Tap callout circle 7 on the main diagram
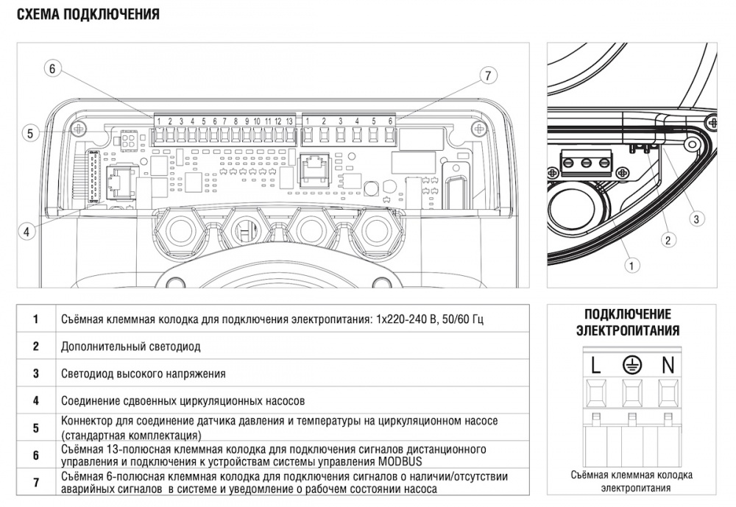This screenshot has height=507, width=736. pyautogui.click(x=487, y=75)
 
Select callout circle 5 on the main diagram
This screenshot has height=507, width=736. pyautogui.click(x=30, y=133)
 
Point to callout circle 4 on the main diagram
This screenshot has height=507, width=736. pyautogui.click(x=26, y=231)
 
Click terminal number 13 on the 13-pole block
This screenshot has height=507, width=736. pyautogui.click(x=289, y=121)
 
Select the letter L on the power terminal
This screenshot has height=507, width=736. pyautogui.click(x=595, y=364)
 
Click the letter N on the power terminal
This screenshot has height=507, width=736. pyautogui.click(x=668, y=364)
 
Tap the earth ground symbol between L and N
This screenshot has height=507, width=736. pyautogui.click(x=631, y=363)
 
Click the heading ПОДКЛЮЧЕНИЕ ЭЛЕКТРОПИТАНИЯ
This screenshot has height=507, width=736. pyautogui.click(x=628, y=322)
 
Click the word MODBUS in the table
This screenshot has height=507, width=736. pyautogui.click(x=406, y=461)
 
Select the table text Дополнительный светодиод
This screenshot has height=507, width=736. pyautogui.click(x=130, y=346)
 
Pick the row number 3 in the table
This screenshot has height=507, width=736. pyautogui.click(x=35, y=374)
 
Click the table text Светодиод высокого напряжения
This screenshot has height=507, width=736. pyautogui.click(x=144, y=374)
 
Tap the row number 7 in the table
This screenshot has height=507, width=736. pyautogui.click(x=35, y=482)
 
